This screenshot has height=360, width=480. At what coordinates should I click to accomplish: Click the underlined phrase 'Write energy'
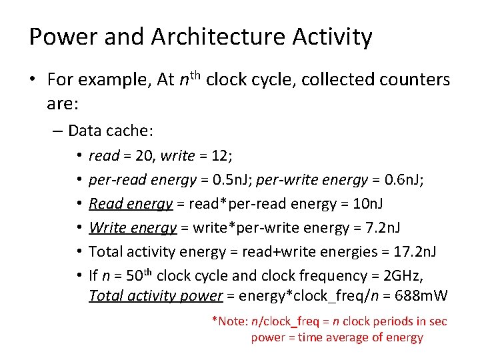pyautogui.click(x=132, y=228)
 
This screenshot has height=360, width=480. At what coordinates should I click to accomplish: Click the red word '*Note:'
pyautogui.click(x=230, y=322)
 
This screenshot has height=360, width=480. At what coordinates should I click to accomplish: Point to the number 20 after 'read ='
pyautogui.click(x=144, y=156)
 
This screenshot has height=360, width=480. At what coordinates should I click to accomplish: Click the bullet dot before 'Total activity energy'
pyautogui.click(x=79, y=252)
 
